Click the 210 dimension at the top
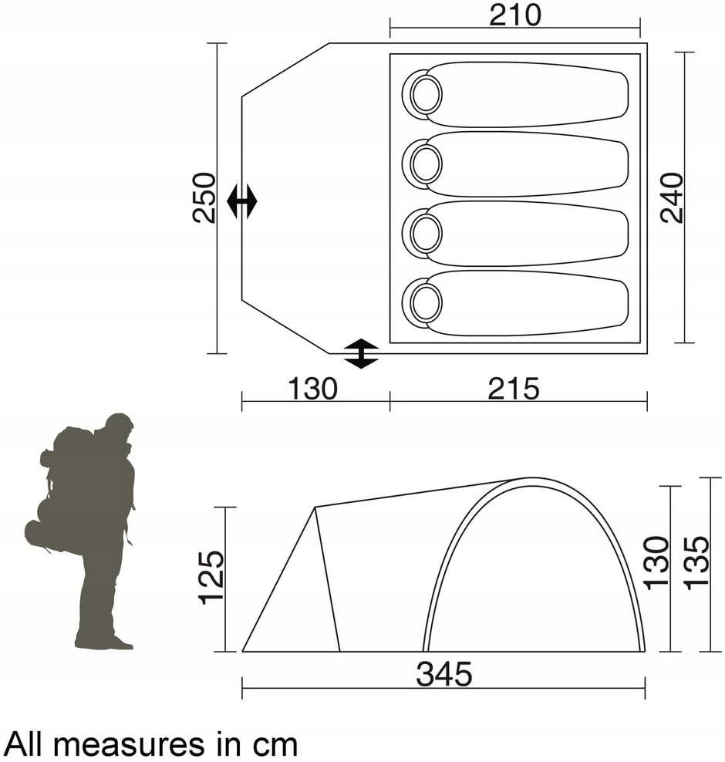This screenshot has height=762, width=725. (x=514, y=15)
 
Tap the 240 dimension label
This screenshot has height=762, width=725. (x=673, y=197)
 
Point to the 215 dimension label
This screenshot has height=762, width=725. (x=514, y=389)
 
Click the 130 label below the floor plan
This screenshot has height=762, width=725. (x=312, y=389)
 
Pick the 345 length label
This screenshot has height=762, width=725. (x=444, y=675)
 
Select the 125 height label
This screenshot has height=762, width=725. (x=212, y=578)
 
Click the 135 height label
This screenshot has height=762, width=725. (x=697, y=562)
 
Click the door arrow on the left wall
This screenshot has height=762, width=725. (x=242, y=201)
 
